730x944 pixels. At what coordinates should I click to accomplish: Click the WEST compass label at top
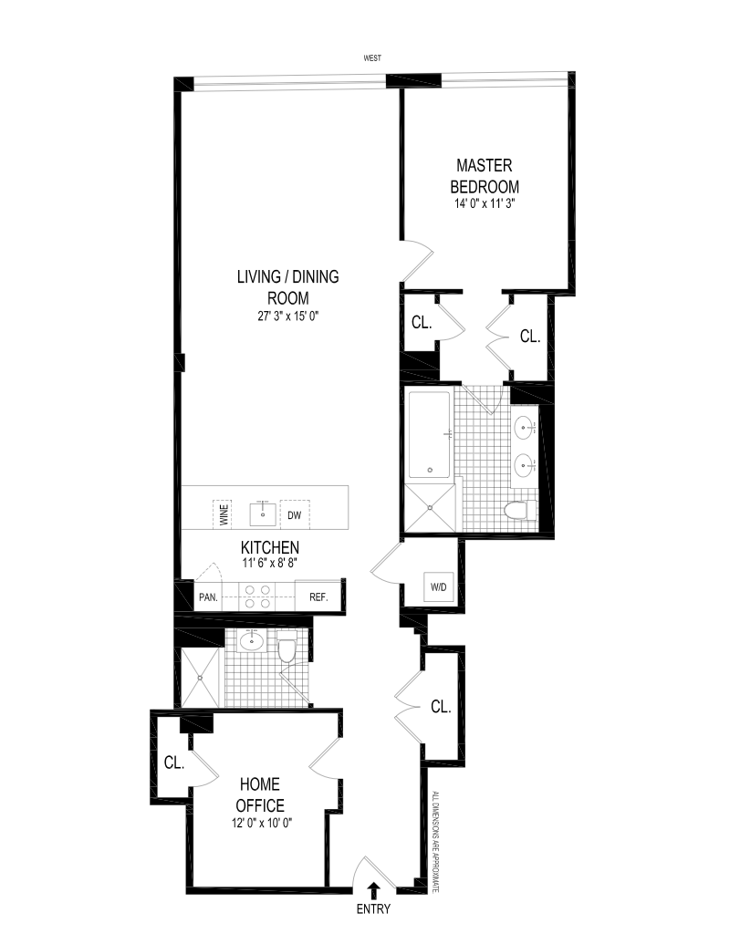tap(373, 58)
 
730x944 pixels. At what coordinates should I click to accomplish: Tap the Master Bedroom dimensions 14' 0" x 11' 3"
tap(485, 203)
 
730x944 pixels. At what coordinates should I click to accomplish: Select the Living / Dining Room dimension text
tap(288, 316)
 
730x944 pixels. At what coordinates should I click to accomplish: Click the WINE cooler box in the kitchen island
tap(223, 515)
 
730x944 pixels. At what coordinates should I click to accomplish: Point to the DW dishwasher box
tap(295, 515)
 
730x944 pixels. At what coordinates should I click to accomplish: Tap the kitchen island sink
tap(263, 514)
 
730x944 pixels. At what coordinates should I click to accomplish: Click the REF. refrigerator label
tap(318, 597)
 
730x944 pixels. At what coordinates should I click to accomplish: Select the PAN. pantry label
tap(208, 597)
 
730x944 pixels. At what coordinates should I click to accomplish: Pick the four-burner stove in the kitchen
tap(257, 596)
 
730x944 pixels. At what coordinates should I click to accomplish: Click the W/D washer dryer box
tap(439, 586)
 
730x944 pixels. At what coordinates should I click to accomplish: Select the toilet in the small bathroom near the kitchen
tap(287, 649)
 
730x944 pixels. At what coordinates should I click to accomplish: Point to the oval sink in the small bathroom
tap(248, 642)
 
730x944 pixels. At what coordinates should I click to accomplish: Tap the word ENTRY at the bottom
tap(373, 909)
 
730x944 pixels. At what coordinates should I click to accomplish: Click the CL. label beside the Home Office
tap(174, 762)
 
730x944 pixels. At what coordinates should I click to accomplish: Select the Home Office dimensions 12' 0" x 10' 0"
tap(262, 823)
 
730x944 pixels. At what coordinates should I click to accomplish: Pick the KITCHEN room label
tap(270, 547)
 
